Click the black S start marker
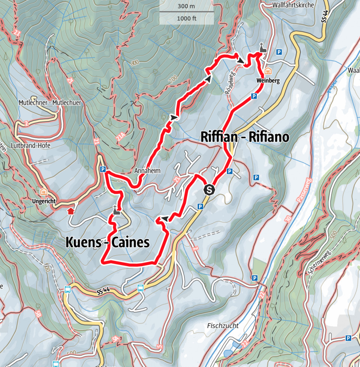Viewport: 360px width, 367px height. click(x=209, y=189)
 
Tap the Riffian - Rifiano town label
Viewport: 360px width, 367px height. click(x=245, y=137)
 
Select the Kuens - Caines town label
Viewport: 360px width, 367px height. click(x=108, y=243)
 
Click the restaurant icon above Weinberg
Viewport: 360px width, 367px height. click(x=268, y=71)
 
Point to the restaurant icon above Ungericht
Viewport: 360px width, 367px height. click(x=44, y=192)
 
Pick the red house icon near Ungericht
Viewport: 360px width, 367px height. click(x=70, y=211)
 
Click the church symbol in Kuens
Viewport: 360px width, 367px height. click(x=117, y=211)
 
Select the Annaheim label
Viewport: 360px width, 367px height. click(x=147, y=171)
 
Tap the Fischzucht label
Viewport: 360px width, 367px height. click(x=223, y=326)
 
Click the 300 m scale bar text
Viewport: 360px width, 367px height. click(x=186, y=6)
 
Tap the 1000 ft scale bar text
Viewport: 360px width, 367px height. click(x=186, y=18)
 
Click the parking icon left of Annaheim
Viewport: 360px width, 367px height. click(x=103, y=169)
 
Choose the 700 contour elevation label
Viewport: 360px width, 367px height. click(x=172, y=79)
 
